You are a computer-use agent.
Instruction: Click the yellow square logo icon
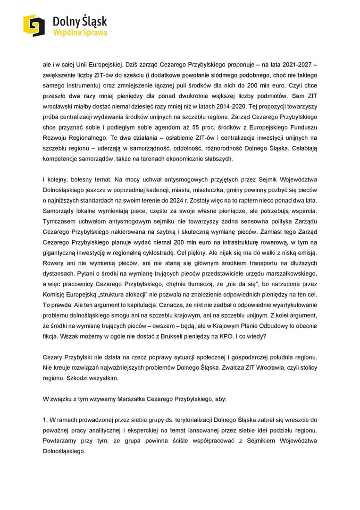tap(34, 25)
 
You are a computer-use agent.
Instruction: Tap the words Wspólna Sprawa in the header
tap(80, 33)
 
